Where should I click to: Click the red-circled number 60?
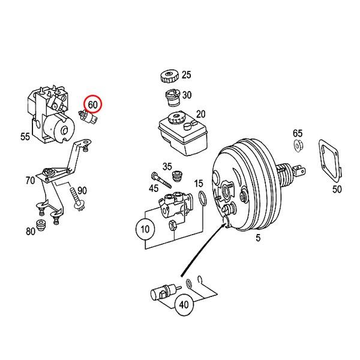(x=93, y=104)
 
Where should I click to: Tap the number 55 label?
(x=25, y=137)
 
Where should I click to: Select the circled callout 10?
(x=144, y=229)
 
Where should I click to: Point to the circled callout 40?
(x=184, y=304)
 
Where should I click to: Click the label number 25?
(x=187, y=75)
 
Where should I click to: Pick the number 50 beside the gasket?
(x=337, y=190)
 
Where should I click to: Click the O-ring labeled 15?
(x=203, y=198)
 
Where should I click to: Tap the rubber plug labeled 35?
(x=177, y=176)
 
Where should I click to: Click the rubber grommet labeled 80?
(x=43, y=226)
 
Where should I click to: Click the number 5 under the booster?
(x=258, y=239)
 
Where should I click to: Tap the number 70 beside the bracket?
(x=29, y=179)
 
